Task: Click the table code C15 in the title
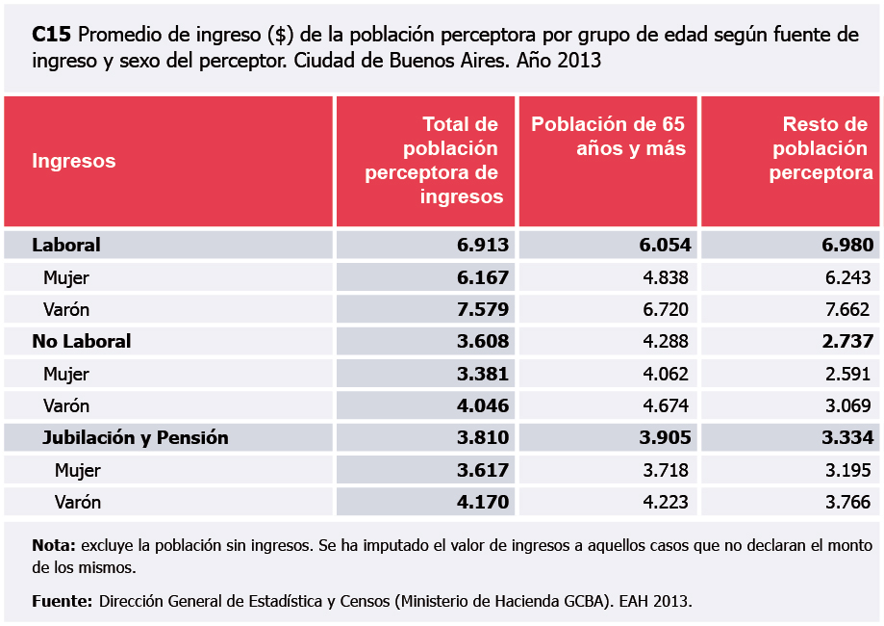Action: point(51,36)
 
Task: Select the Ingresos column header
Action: point(74,161)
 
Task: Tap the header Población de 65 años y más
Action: point(608,136)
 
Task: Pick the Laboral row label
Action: point(66,245)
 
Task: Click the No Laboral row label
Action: point(82,341)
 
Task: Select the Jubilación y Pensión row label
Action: point(136,437)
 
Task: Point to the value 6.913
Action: point(483,245)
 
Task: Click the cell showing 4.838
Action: point(666,277)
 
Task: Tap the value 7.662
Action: point(847,309)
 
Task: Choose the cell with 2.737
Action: point(847,341)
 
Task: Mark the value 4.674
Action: point(666,405)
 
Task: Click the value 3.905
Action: point(666,437)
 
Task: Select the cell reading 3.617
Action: point(483,470)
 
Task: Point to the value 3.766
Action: point(847,502)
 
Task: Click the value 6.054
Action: point(666,245)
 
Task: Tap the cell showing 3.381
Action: point(483,374)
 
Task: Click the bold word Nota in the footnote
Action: point(53,545)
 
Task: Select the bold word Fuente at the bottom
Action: point(61,601)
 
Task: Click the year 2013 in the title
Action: point(578,60)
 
